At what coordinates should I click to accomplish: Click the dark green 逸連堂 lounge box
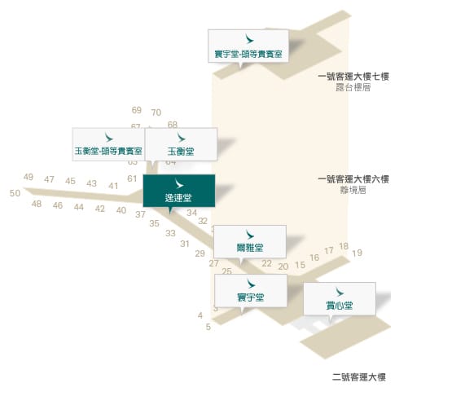(x=179, y=191)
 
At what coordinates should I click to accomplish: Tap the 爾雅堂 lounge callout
(x=250, y=241)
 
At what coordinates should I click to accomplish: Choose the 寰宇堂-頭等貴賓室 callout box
(x=248, y=46)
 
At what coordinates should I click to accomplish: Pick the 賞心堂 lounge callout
(x=340, y=299)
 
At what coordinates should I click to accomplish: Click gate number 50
(x=15, y=193)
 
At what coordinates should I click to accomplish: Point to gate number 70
(x=156, y=112)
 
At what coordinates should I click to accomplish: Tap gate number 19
(x=357, y=253)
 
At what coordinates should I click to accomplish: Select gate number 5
(x=208, y=327)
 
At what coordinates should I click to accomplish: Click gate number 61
(x=132, y=178)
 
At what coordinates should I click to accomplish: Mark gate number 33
(x=170, y=233)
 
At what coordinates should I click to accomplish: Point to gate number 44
(x=79, y=207)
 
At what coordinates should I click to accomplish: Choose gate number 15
(x=300, y=265)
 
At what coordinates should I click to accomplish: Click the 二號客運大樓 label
(x=359, y=377)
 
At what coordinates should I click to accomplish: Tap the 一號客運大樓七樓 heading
(x=353, y=77)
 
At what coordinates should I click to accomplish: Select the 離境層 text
(x=353, y=190)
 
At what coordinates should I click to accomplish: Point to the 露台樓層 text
(x=353, y=87)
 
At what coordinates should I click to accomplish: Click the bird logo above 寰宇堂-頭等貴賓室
(x=249, y=39)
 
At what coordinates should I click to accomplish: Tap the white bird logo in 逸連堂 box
(x=179, y=183)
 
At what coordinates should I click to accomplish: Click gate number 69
(x=137, y=110)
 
